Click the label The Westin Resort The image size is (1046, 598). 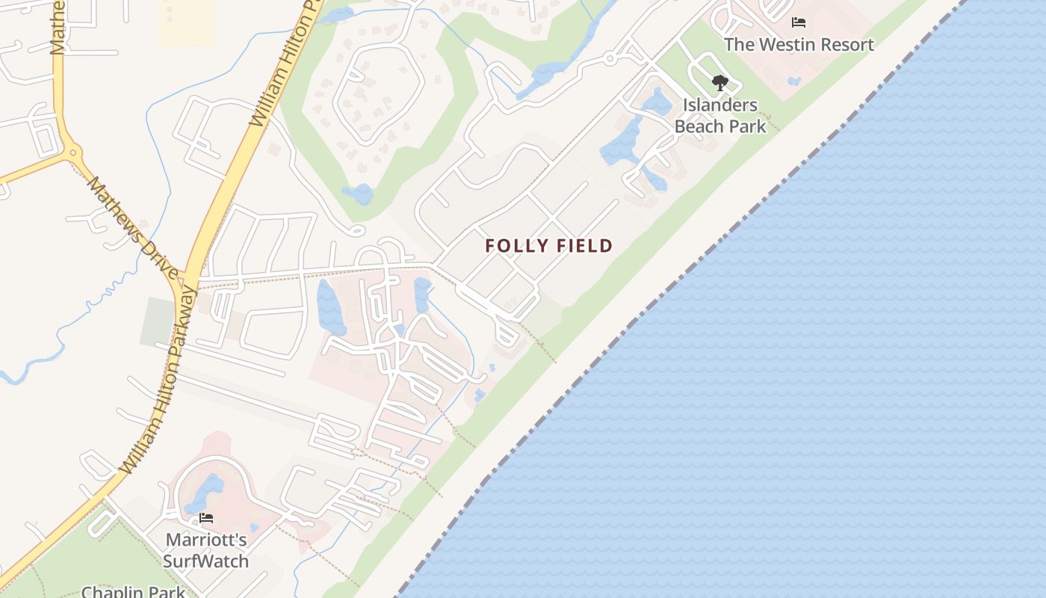tap(799, 44)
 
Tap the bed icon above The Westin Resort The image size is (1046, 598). tap(799, 22)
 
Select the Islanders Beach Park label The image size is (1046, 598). tap(720, 115)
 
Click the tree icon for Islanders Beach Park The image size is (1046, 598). tap(719, 82)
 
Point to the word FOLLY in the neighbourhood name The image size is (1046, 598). tap(517, 245)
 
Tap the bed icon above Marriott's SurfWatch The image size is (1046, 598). tap(206, 517)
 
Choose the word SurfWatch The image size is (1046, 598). tap(205, 561)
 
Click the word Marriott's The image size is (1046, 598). tap(206, 540)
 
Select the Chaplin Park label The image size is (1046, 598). tap(133, 592)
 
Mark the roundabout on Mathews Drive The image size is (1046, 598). tap(72, 152)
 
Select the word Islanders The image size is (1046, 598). tap(720, 105)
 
